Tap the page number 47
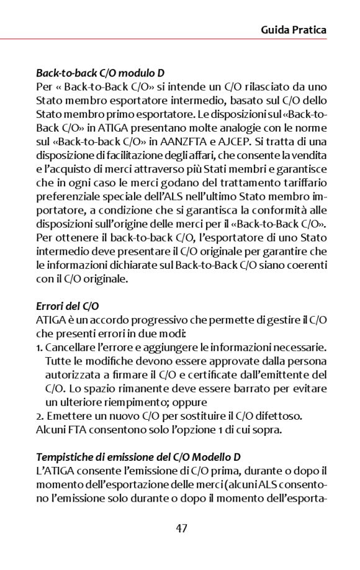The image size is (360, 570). [x=181, y=528]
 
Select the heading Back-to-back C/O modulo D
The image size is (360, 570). [x=100, y=73]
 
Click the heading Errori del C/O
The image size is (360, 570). [x=68, y=306]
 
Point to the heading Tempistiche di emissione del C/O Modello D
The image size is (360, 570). [x=138, y=458]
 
